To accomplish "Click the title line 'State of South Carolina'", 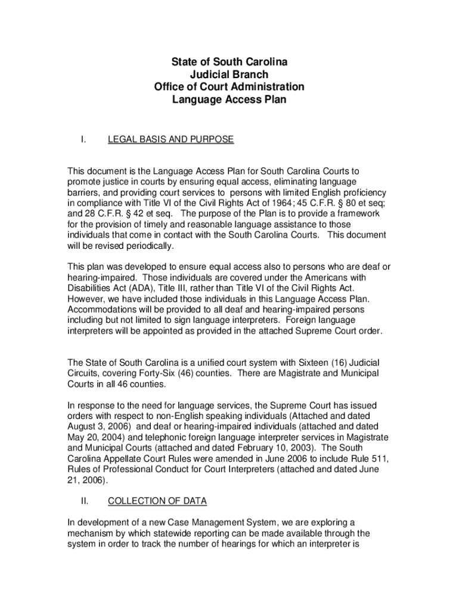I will click(x=229, y=62).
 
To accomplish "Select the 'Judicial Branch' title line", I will click(x=229, y=75).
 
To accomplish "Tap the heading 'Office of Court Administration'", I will click(x=229, y=87).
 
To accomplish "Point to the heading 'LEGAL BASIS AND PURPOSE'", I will click(x=170, y=140).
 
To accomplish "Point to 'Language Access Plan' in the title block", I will click(x=229, y=100).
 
